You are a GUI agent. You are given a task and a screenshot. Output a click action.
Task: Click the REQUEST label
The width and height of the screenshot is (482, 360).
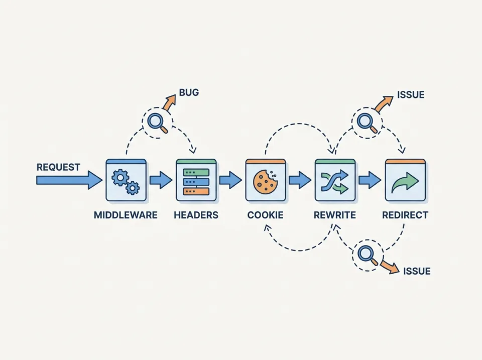[58, 167]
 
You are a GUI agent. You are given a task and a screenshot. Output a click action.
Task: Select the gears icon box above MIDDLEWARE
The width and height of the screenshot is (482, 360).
[126, 180]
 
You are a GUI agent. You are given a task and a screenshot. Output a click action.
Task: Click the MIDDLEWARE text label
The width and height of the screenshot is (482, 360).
[126, 215]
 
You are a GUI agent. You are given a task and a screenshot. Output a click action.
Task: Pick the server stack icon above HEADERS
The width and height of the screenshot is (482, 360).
[196, 180]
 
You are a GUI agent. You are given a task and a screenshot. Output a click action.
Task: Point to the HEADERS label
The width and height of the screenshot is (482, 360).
[196, 215]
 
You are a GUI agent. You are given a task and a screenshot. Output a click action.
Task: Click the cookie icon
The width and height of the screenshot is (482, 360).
[265, 181]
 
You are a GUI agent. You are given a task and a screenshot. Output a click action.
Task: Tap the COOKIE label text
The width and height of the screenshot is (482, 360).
[265, 215]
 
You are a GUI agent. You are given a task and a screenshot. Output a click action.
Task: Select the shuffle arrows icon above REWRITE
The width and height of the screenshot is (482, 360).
[334, 181]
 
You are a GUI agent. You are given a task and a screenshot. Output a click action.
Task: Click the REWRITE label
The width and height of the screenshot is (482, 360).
[334, 215]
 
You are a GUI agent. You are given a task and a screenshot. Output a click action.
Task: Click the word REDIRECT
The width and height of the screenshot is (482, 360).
[405, 215]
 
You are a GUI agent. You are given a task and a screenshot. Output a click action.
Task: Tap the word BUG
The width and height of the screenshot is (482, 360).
[189, 92]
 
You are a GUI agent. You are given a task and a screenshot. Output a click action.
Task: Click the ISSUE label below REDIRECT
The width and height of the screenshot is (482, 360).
[417, 271]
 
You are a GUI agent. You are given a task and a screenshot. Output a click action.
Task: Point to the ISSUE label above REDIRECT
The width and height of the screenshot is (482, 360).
[411, 94]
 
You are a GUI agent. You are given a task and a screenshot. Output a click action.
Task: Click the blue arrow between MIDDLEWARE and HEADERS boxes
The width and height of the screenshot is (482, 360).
[161, 180]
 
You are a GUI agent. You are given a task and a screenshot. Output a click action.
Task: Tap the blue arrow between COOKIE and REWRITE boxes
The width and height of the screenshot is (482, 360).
[300, 180]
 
